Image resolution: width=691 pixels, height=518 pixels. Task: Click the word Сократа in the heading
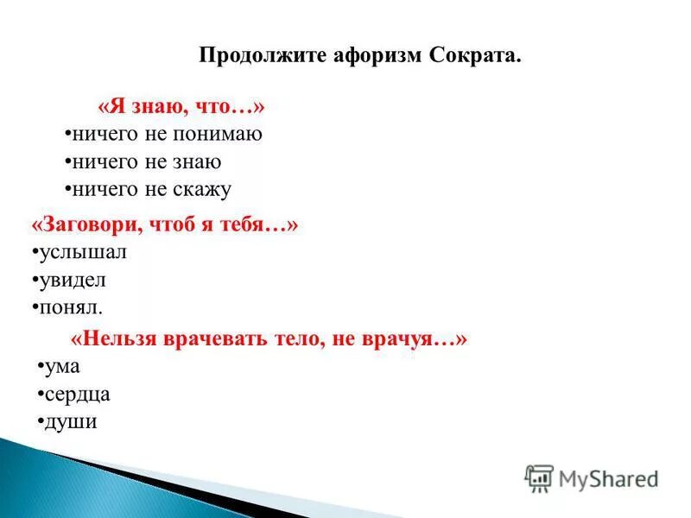tap(474, 57)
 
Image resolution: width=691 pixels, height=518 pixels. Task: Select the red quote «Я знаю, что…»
tap(181, 107)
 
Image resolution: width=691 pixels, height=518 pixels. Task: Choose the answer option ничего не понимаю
tap(167, 135)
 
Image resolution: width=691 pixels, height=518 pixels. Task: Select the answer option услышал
tap(81, 252)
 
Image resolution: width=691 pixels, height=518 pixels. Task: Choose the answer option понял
tap(69, 307)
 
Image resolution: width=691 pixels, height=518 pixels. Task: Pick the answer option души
tap(69, 422)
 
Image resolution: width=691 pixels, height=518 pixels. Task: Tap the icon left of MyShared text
tap(540, 478)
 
